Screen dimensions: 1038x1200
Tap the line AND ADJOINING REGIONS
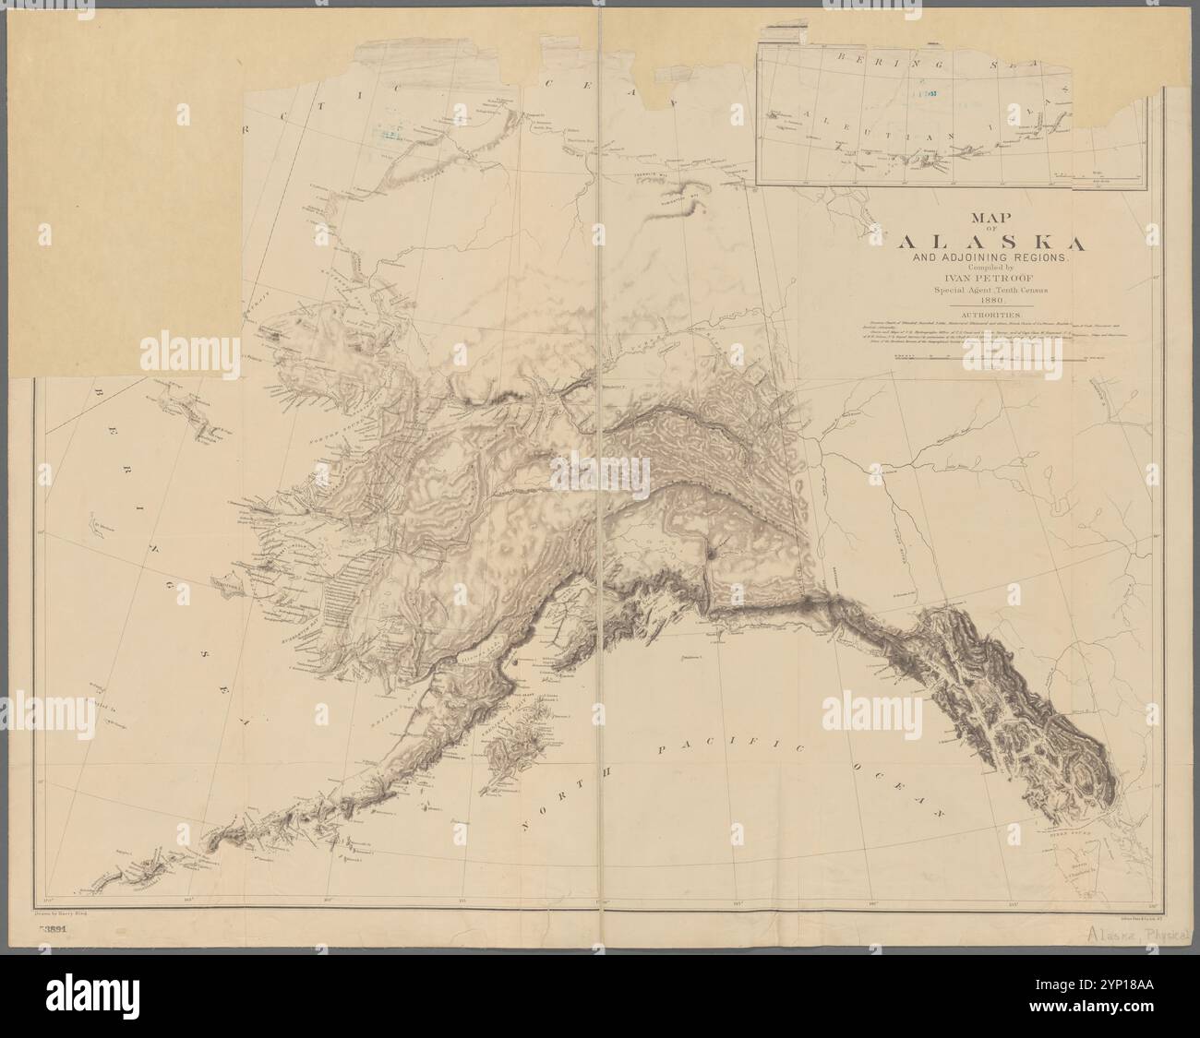click(987, 260)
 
